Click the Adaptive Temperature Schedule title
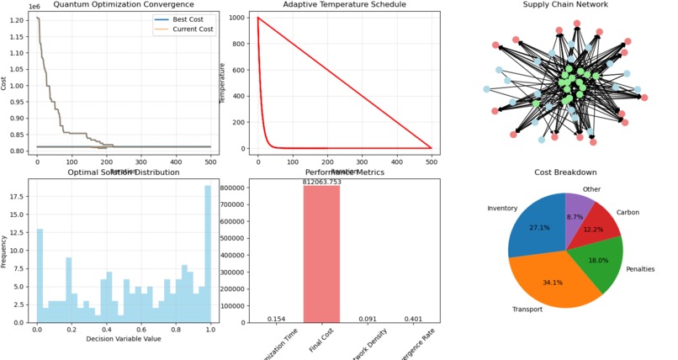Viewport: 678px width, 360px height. (342, 5)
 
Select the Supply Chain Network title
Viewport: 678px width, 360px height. (565, 5)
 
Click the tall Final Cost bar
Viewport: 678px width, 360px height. (321, 253)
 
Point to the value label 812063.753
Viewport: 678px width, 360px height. (321, 181)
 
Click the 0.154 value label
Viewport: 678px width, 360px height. (276, 319)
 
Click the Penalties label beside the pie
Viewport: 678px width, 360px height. (640, 269)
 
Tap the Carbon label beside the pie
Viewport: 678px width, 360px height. (628, 213)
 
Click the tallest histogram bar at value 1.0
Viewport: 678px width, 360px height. (208, 253)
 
